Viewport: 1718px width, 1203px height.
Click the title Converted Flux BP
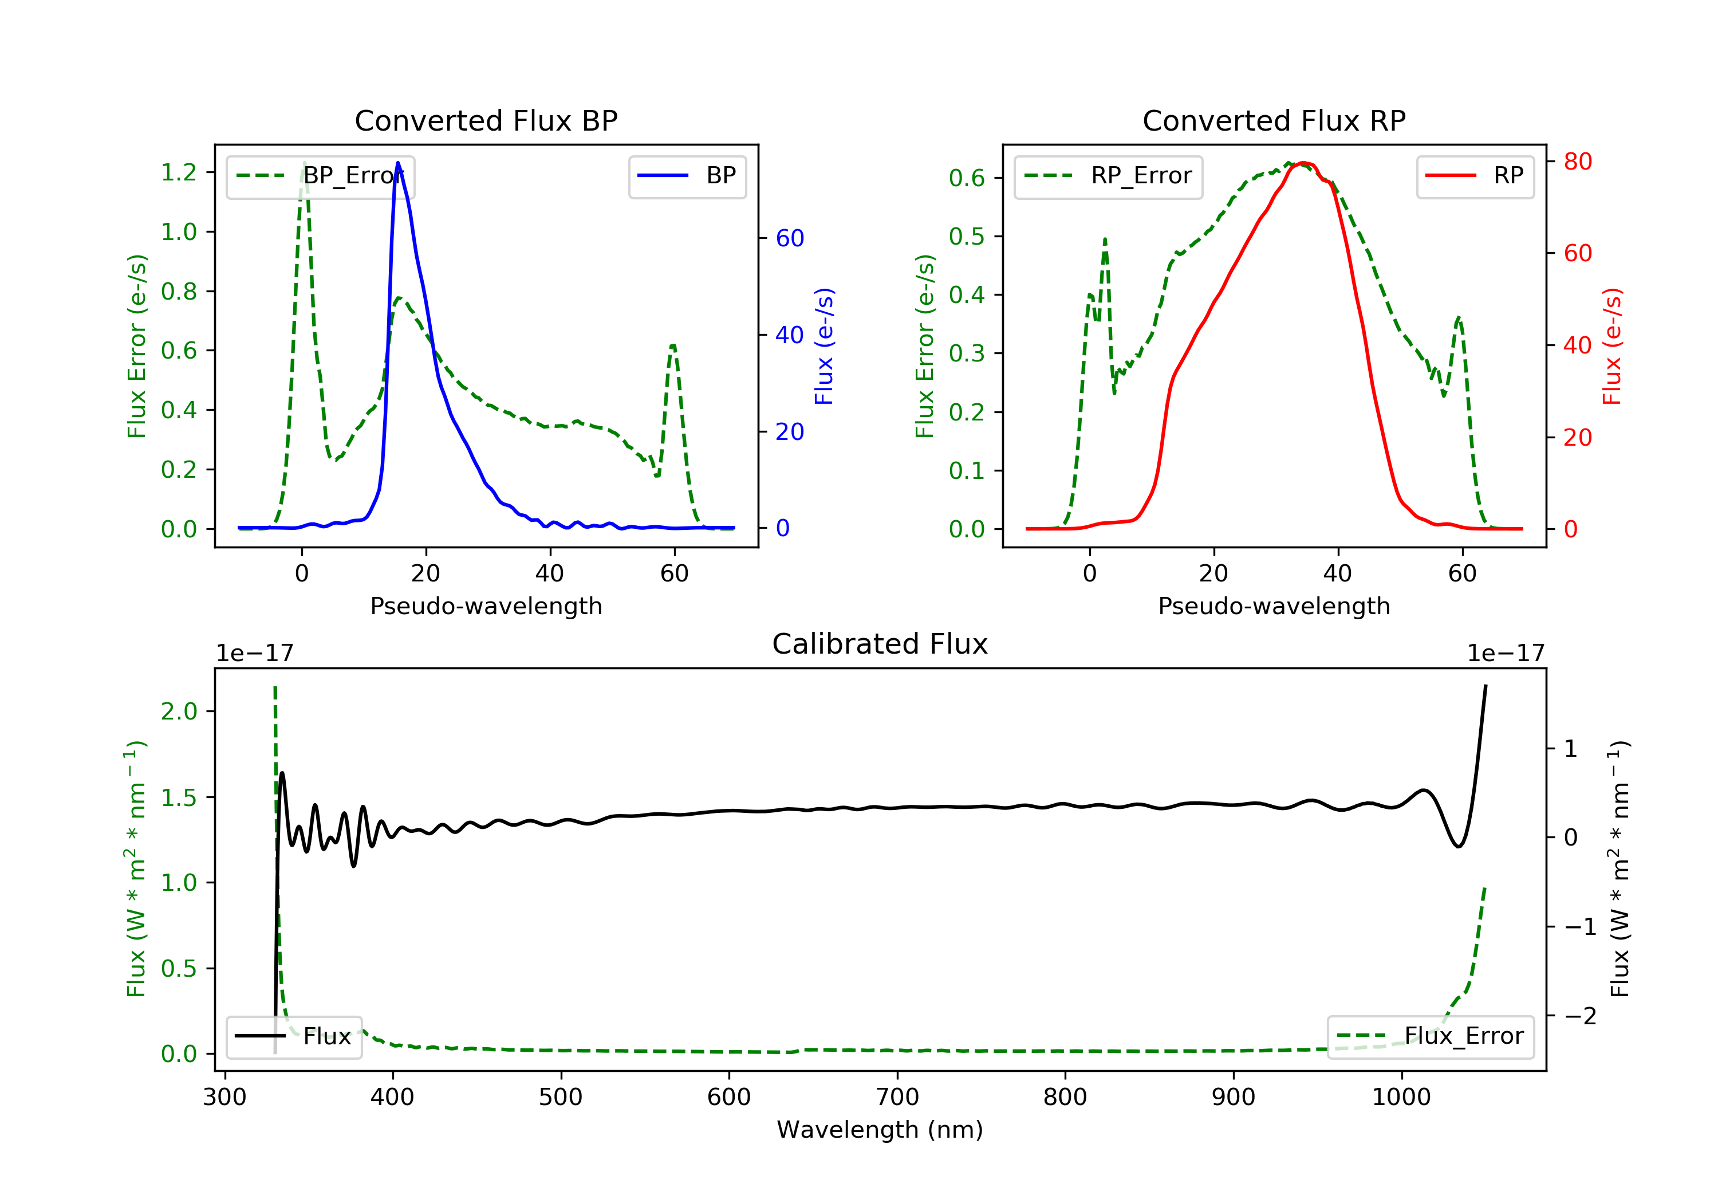[486, 120]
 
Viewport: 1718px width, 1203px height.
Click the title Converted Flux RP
[1274, 120]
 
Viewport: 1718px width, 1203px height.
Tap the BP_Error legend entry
[320, 176]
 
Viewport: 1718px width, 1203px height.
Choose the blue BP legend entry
[687, 176]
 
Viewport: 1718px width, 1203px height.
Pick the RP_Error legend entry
[1108, 176]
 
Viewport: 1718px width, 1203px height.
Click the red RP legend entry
[1475, 176]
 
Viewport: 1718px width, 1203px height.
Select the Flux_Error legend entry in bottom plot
[1430, 1036]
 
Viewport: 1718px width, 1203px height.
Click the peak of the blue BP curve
[397, 163]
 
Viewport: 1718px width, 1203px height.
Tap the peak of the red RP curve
[1303, 163]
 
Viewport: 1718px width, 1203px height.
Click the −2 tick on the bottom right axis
[1579, 1016]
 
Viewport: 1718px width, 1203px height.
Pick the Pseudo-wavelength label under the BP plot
[486, 606]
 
